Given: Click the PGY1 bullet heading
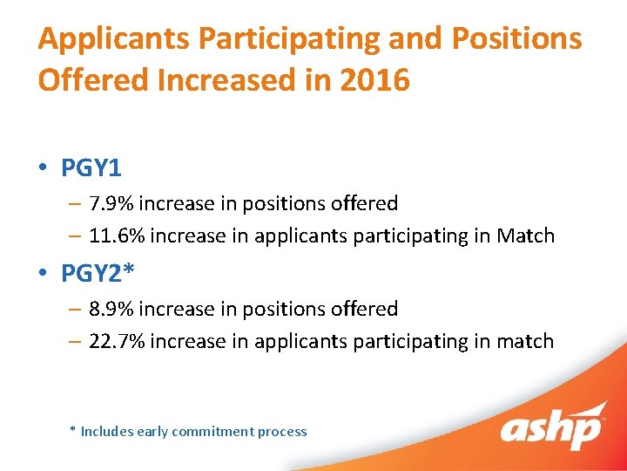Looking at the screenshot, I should click(91, 167).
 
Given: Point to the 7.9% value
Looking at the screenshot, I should click(111, 204).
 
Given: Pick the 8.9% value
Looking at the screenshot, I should click(111, 310).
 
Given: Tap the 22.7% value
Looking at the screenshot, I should click(118, 341).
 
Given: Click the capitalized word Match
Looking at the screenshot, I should click(525, 235).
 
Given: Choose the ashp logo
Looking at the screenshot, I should click(550, 427).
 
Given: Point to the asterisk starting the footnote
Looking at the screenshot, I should click(73, 431).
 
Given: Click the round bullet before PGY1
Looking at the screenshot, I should click(43, 167).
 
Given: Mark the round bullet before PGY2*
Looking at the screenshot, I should click(43, 274).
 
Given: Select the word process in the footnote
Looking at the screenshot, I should click(282, 432).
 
